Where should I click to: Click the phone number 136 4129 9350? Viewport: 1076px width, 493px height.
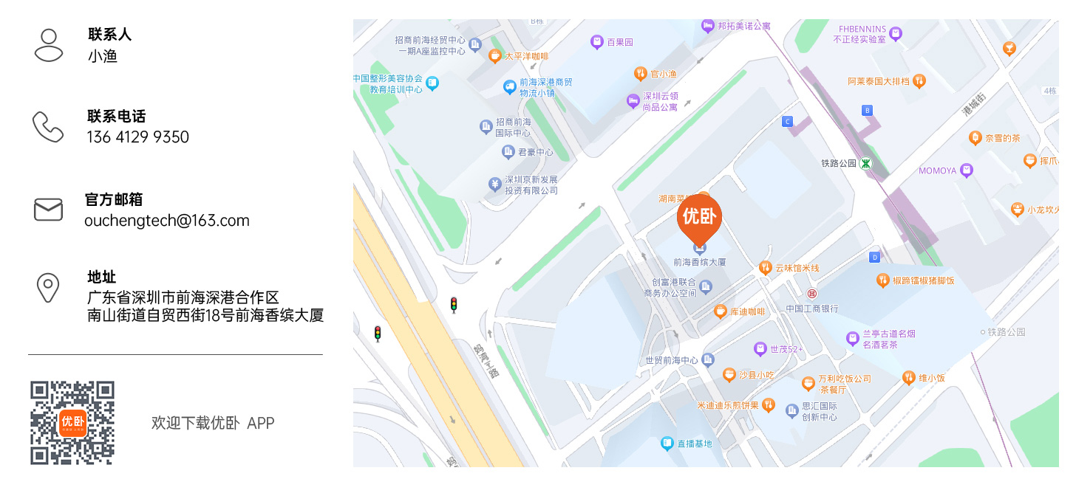click(138, 137)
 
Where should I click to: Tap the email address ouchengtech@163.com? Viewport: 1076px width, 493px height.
click(167, 221)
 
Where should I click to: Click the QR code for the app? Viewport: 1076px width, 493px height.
click(72, 423)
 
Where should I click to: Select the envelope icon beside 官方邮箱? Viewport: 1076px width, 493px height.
click(49, 210)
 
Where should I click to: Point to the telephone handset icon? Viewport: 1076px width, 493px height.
click(49, 127)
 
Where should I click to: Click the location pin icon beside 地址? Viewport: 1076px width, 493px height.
click(49, 288)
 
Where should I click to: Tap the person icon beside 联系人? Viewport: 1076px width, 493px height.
click(49, 45)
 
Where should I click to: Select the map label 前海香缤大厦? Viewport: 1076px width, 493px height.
click(699, 262)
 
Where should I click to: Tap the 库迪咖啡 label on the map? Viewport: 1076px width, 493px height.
click(747, 312)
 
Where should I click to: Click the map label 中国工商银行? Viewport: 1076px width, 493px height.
click(811, 308)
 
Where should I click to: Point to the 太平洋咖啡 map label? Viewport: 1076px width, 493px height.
click(525, 56)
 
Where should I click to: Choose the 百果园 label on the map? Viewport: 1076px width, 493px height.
click(620, 42)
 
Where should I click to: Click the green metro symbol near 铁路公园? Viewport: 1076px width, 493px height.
click(865, 163)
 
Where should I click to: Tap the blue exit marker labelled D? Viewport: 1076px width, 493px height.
click(875, 257)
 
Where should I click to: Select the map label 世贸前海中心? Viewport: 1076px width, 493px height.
click(671, 360)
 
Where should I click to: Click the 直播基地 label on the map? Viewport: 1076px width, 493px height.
click(695, 444)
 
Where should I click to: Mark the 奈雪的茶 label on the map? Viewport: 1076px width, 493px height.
click(1002, 138)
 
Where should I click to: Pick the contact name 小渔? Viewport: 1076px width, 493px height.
click(103, 56)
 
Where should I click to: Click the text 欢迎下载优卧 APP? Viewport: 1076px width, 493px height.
click(213, 423)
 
